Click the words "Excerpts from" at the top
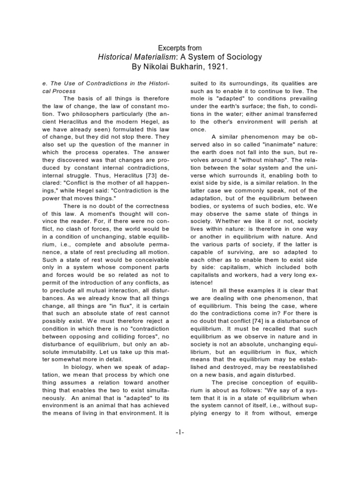[180, 48]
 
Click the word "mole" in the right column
[195, 98]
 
